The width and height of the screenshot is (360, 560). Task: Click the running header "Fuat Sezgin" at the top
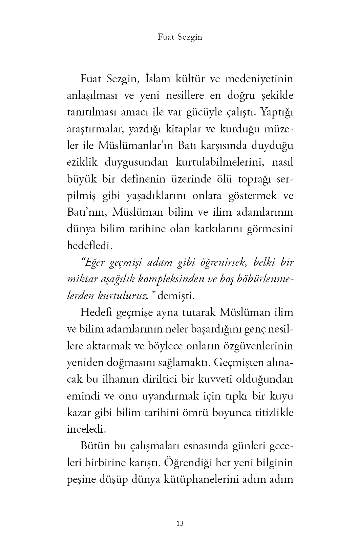point(180,37)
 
